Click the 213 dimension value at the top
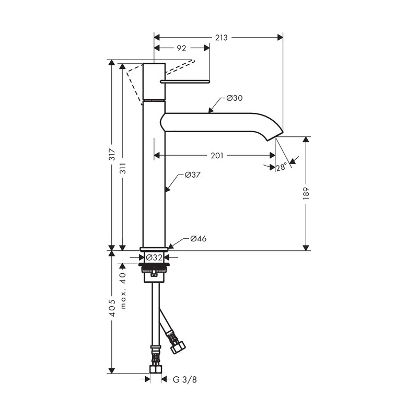coord(221,38)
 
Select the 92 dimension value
coord(181,48)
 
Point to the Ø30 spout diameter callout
coord(235,98)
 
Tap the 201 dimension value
coord(217,155)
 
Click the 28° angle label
coord(282,167)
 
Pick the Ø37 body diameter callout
coord(192,175)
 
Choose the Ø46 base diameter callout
coord(199,239)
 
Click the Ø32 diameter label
coord(154,258)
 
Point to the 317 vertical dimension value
coord(112,154)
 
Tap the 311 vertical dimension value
coord(123,168)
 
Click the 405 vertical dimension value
coord(112,308)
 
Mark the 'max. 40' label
coord(123,291)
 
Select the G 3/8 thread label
coord(185,379)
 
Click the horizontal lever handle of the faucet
coord(185,82)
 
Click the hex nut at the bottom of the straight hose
coord(156,369)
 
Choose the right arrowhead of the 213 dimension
coord(280,38)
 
